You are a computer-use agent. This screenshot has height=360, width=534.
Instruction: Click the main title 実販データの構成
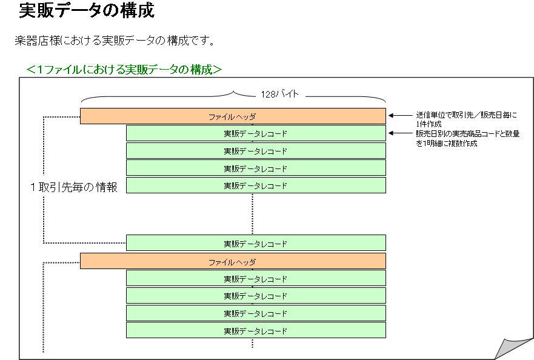pyautogui.click(x=87, y=10)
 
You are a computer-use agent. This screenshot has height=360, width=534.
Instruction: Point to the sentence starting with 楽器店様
pyautogui.click(x=115, y=41)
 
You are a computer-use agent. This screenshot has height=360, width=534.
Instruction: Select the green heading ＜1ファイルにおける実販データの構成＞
pyautogui.click(x=124, y=70)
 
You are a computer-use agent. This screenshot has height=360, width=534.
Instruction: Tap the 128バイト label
pyautogui.click(x=279, y=94)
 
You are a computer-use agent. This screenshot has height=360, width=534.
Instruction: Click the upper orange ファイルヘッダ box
pyautogui.click(x=233, y=116)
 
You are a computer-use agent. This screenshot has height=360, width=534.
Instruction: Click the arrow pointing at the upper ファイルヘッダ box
pyautogui.click(x=401, y=116)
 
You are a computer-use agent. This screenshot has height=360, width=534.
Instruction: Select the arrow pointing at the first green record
pyautogui.click(x=401, y=133)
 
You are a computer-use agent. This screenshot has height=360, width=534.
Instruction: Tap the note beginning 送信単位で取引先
pyautogui.click(x=466, y=119)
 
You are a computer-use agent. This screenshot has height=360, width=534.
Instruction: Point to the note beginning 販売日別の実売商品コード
pyautogui.click(x=467, y=138)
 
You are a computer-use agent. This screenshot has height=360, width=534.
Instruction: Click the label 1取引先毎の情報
pyautogui.click(x=74, y=187)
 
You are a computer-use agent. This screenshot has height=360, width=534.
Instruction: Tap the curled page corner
pyautogui.click(x=513, y=348)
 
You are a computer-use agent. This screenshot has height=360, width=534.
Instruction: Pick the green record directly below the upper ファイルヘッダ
pyautogui.click(x=256, y=133)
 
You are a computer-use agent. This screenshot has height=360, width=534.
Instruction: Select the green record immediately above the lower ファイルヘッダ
pyautogui.click(x=256, y=243)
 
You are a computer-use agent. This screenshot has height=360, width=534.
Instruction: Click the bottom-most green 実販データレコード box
pyautogui.click(x=256, y=330)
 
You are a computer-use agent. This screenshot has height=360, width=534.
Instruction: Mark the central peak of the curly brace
pyautogui.click(x=233, y=92)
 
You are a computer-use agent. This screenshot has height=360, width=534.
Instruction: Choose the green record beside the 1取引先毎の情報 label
pyautogui.click(x=256, y=185)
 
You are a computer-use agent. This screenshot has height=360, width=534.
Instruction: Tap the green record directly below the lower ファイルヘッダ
pyautogui.click(x=256, y=278)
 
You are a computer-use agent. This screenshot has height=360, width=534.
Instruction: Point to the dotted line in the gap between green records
pyautogui.click(x=252, y=214)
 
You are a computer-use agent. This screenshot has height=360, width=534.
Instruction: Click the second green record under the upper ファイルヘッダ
pyautogui.click(x=256, y=150)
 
